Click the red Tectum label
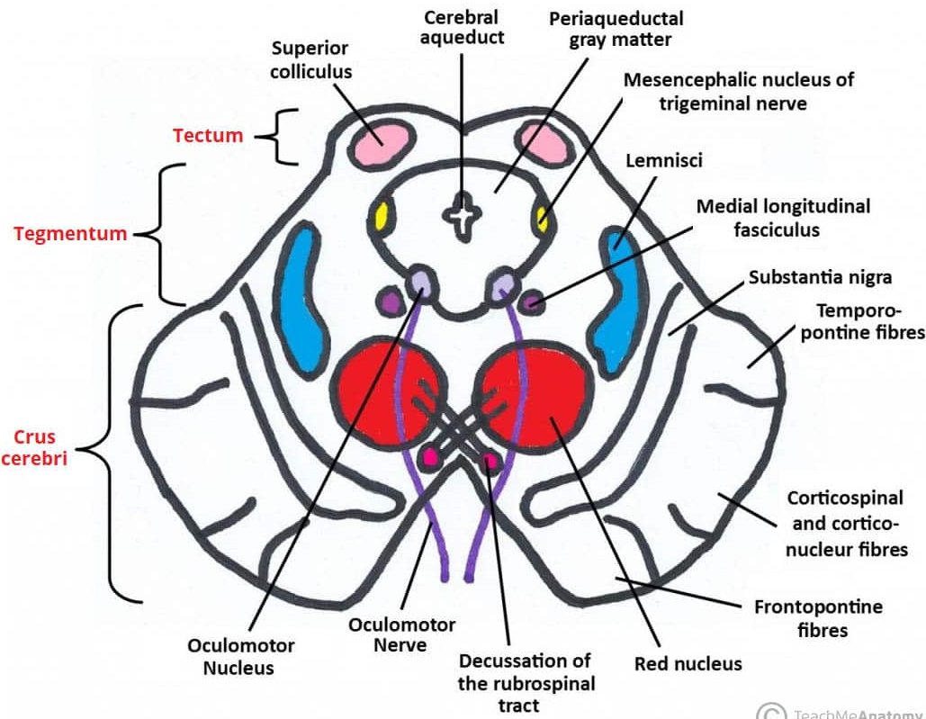[x=208, y=136]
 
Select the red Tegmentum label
[x=70, y=234]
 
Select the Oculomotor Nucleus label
[x=240, y=657]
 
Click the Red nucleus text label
[x=688, y=664]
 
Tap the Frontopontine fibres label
[x=817, y=617]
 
